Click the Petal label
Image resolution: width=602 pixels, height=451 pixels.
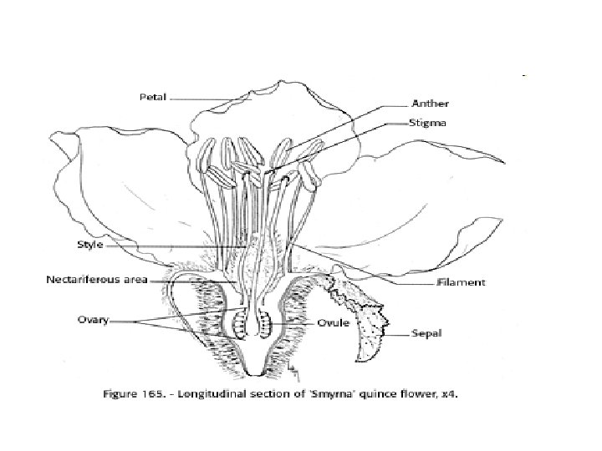point(154,97)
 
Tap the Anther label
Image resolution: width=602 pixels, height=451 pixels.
point(431,104)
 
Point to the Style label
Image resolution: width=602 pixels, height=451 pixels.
point(89,246)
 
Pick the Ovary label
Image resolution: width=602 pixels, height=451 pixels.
point(94,320)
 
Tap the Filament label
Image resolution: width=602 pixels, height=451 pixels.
point(461,283)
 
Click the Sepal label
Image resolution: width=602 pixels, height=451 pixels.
point(425,337)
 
